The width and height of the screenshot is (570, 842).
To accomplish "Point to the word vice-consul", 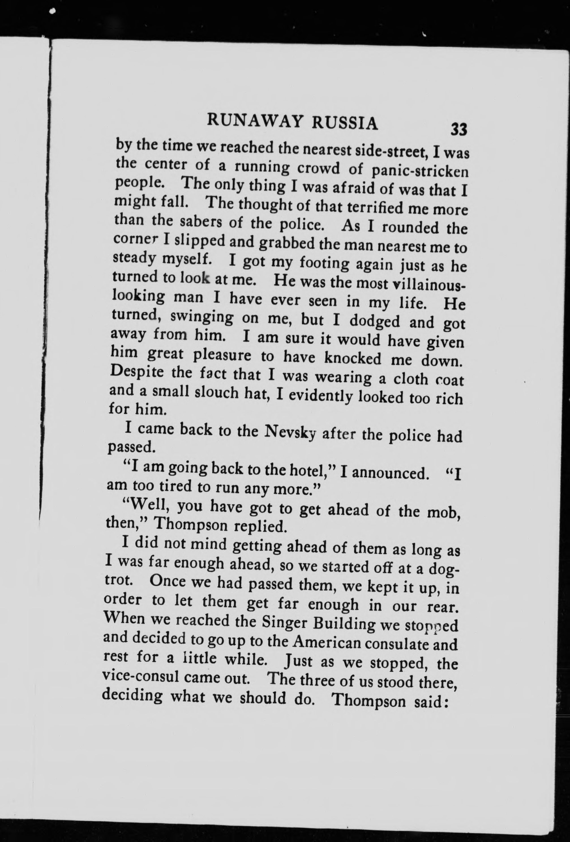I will point(141,677).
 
